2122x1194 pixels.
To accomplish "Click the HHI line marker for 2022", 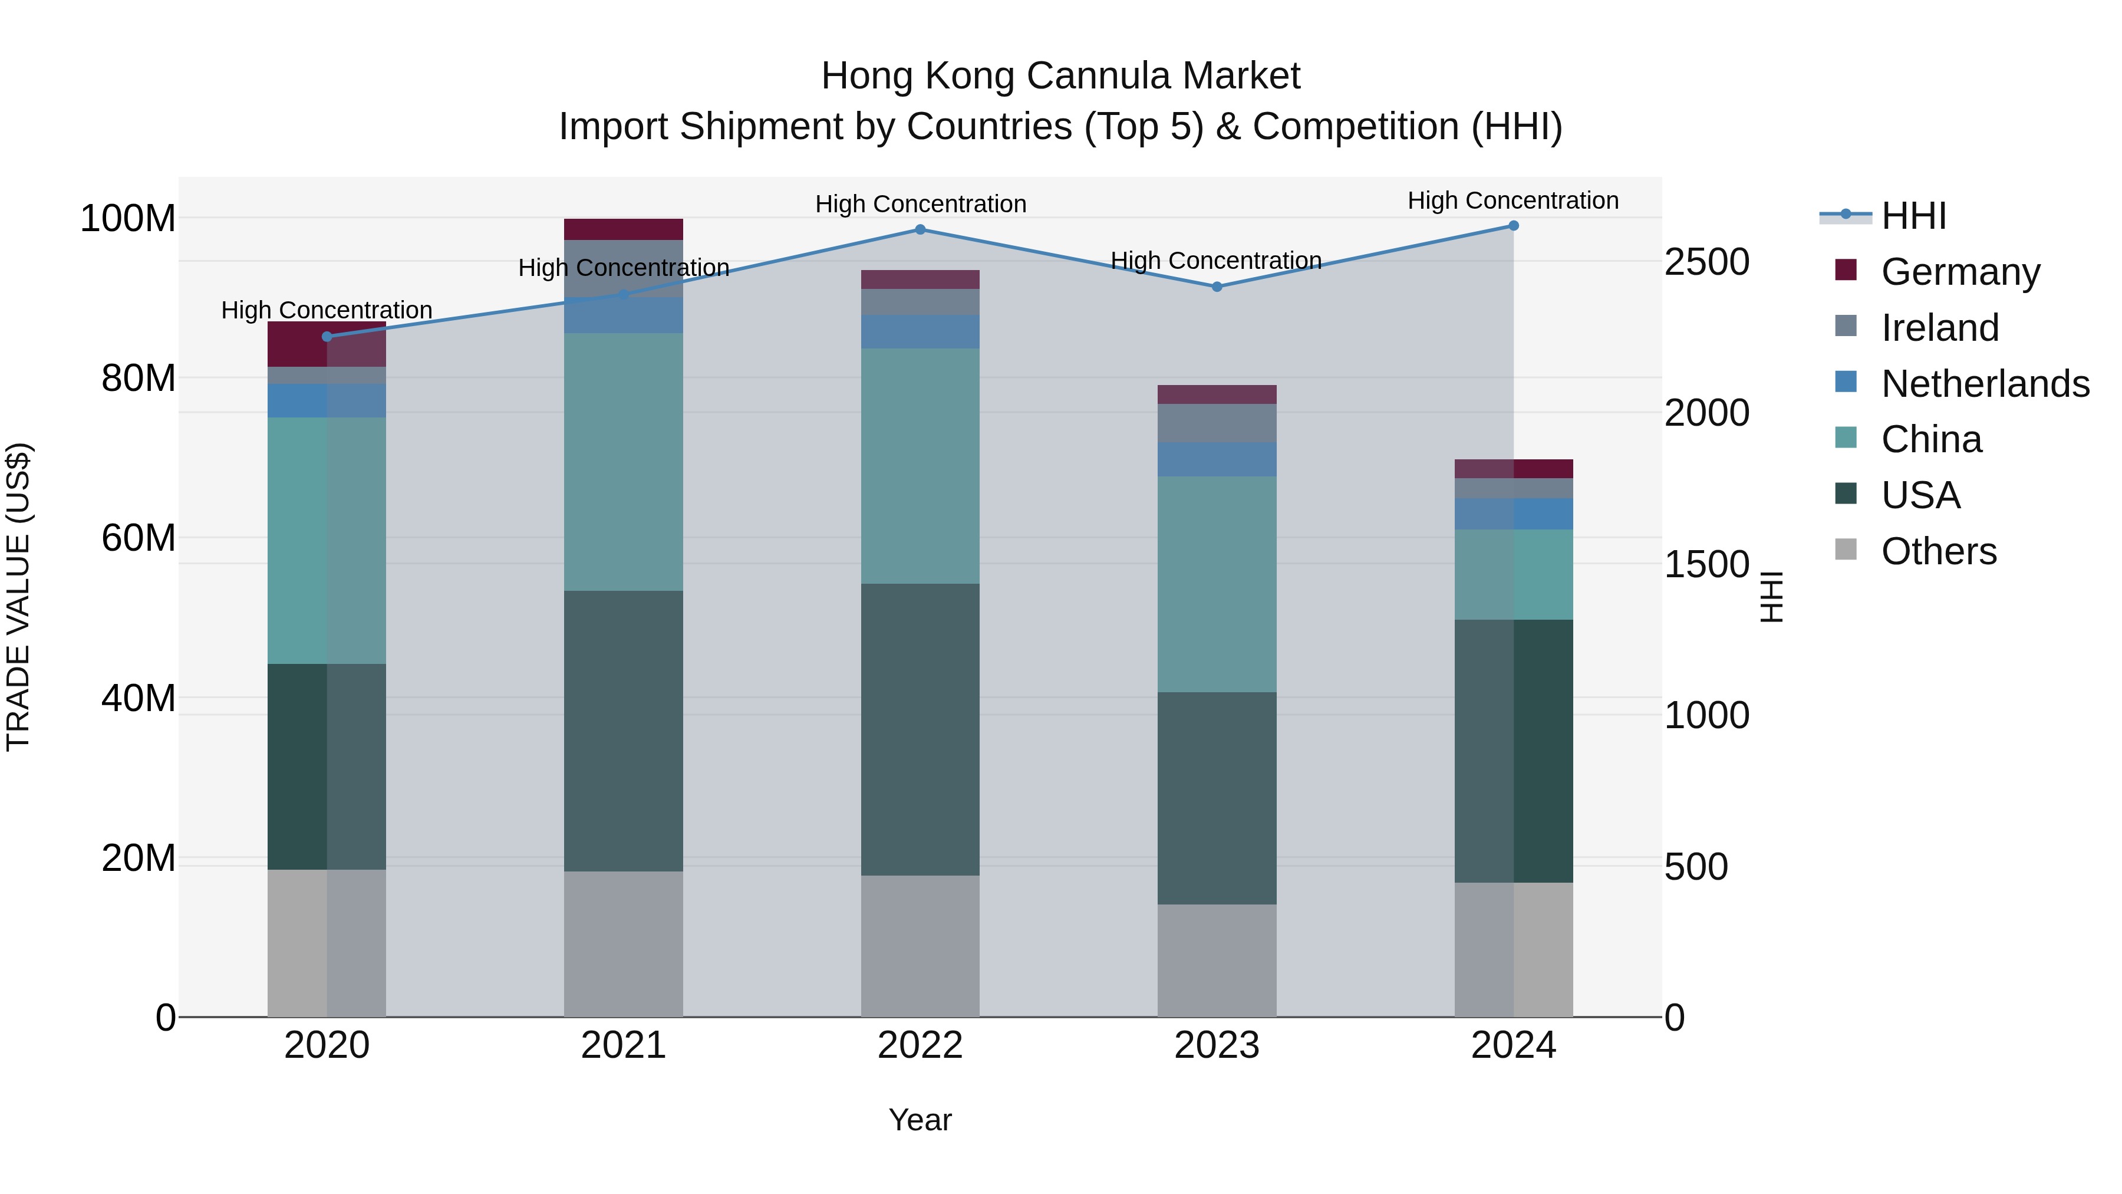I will [x=920, y=230].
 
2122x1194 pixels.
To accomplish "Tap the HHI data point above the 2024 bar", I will [x=1513, y=226].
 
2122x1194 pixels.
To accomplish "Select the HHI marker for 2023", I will [x=1217, y=287].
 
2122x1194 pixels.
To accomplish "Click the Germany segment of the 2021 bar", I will [x=624, y=229].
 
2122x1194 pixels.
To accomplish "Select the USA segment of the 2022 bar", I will [x=920, y=729].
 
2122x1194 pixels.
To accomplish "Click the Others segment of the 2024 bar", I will [x=1513, y=949].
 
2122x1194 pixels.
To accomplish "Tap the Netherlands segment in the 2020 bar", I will [x=327, y=400].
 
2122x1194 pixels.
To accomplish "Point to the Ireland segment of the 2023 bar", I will [x=1217, y=423].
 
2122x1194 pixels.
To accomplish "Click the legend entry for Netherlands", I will [x=1983, y=384].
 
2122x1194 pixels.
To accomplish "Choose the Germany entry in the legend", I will [x=1960, y=272].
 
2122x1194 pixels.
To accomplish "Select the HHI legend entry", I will [x=1913, y=216].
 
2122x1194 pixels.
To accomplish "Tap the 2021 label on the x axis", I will [x=624, y=1045].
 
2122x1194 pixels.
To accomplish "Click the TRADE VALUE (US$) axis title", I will [x=18, y=597].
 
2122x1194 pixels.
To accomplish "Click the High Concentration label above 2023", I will [x=1216, y=261].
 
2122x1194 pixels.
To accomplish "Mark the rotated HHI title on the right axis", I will [x=1771, y=597].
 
